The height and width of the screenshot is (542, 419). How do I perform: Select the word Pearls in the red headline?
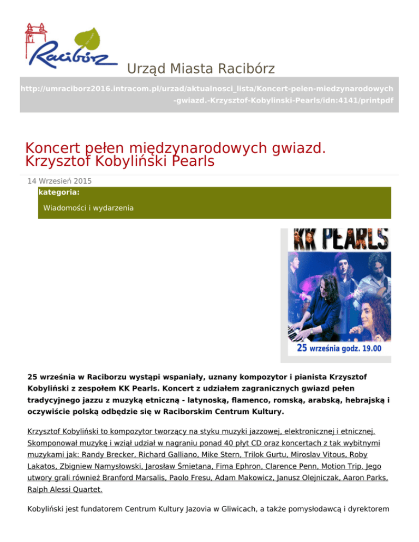(x=189, y=161)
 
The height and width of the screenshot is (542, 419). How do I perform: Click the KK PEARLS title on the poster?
(x=342, y=238)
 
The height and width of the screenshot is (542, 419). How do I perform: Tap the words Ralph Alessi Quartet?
(x=64, y=490)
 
